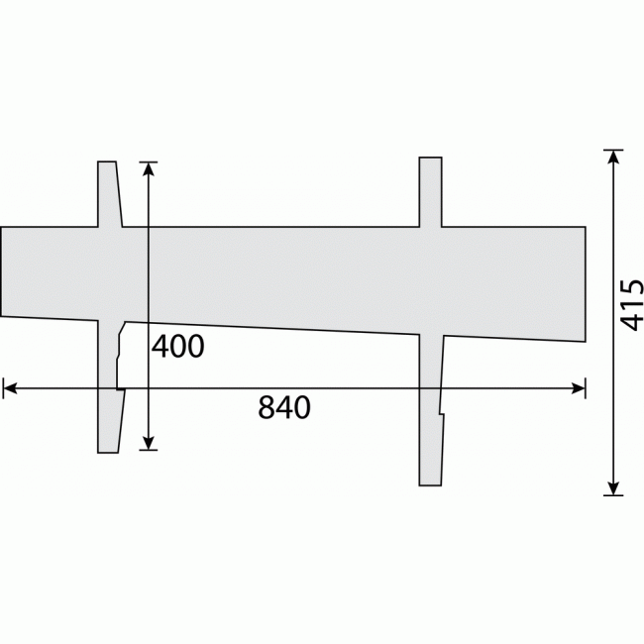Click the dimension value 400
pyautogui.click(x=178, y=347)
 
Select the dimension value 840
pyautogui.click(x=284, y=407)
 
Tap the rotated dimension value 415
pyautogui.click(x=632, y=304)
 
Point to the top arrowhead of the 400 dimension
pyautogui.click(x=149, y=169)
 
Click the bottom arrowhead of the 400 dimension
pyautogui.click(x=149, y=442)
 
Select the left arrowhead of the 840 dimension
pyautogui.click(x=10, y=389)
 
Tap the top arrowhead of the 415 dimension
pyautogui.click(x=614, y=158)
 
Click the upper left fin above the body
pyautogui.click(x=108, y=193)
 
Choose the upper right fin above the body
pyautogui.click(x=429, y=190)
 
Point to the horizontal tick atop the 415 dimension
pyautogui.click(x=614, y=150)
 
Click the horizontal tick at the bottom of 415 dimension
pyautogui.click(x=614, y=493)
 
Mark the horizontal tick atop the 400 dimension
pyautogui.click(x=149, y=161)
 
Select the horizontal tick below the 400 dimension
pyautogui.click(x=149, y=450)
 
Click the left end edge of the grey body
pyautogui.click(x=1, y=271)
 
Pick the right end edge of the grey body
pyautogui.click(x=585, y=283)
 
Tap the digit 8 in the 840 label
pyautogui.click(x=267, y=407)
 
